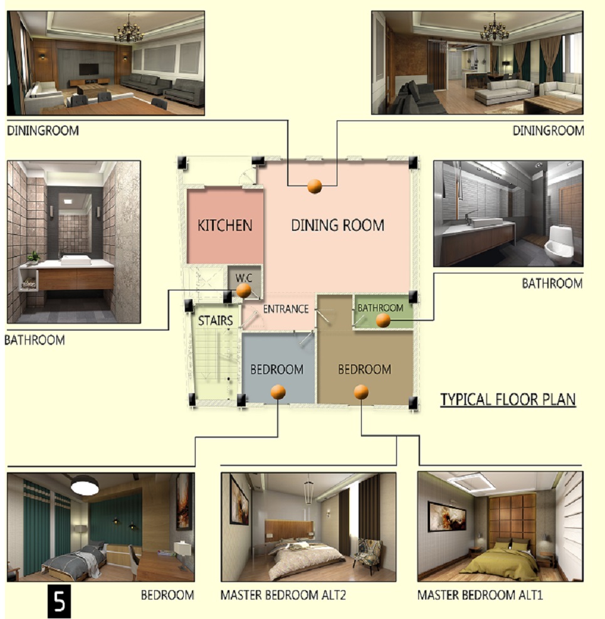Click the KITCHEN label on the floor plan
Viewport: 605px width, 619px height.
pyautogui.click(x=224, y=225)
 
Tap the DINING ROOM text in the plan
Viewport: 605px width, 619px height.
pyautogui.click(x=337, y=225)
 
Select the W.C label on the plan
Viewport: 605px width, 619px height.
pyautogui.click(x=243, y=278)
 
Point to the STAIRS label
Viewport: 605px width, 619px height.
pyautogui.click(x=216, y=320)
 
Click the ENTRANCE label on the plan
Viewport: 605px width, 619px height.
pyautogui.click(x=286, y=309)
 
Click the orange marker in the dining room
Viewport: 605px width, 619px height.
pyautogui.click(x=315, y=186)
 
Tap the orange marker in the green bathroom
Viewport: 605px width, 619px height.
pyautogui.click(x=383, y=320)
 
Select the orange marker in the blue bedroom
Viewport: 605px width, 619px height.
pyautogui.click(x=278, y=392)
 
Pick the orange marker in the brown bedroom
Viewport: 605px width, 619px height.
pyautogui.click(x=361, y=392)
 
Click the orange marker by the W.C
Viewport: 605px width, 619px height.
pyautogui.click(x=243, y=290)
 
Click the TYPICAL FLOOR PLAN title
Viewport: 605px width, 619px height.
pyautogui.click(x=508, y=399)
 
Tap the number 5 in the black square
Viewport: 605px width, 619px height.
pyautogui.click(x=60, y=601)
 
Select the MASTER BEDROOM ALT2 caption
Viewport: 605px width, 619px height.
pyautogui.click(x=283, y=595)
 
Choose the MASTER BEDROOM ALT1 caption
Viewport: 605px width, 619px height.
pyautogui.click(x=480, y=595)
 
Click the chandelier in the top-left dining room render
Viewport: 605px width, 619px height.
pyautogui.click(x=129, y=30)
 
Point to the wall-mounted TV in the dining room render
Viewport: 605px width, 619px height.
pyautogui.click(x=89, y=70)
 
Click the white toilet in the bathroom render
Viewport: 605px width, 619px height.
pyautogui.click(x=559, y=245)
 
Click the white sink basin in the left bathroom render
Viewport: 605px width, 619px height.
pyautogui.click(x=75, y=260)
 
